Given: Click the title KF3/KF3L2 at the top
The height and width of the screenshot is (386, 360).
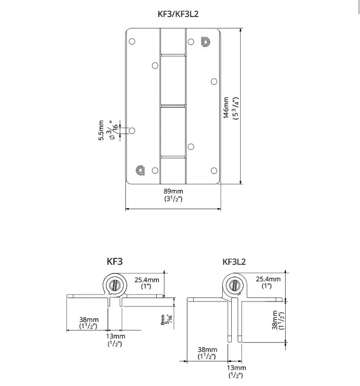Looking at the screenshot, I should (178, 14).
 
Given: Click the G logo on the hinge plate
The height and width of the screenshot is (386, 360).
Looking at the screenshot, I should (140, 170).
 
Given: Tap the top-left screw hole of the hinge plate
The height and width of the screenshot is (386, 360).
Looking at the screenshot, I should (132, 41).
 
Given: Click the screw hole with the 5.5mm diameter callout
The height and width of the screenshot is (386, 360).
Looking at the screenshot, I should (132, 130).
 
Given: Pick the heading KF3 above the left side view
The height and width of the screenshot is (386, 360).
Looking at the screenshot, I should (115, 260).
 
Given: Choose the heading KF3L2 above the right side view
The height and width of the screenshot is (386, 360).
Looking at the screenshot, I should (234, 261).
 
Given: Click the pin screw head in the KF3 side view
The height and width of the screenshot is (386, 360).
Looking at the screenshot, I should (114, 286).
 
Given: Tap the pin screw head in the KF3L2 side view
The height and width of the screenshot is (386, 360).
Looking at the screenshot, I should (233, 286).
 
